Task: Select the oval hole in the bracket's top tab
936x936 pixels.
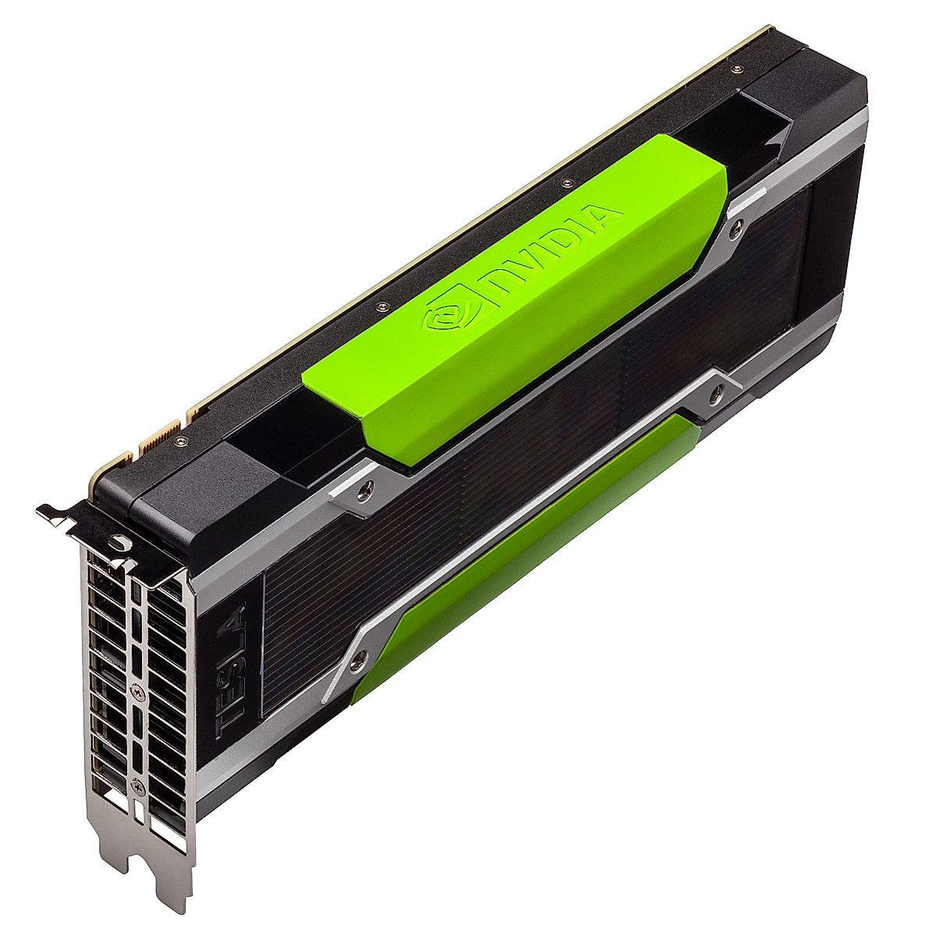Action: pos(116,539)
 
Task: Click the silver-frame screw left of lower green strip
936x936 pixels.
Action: pos(358,662)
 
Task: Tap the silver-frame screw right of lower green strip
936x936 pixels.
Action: pos(715,395)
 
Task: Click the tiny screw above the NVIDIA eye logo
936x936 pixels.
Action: pos(382,305)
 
